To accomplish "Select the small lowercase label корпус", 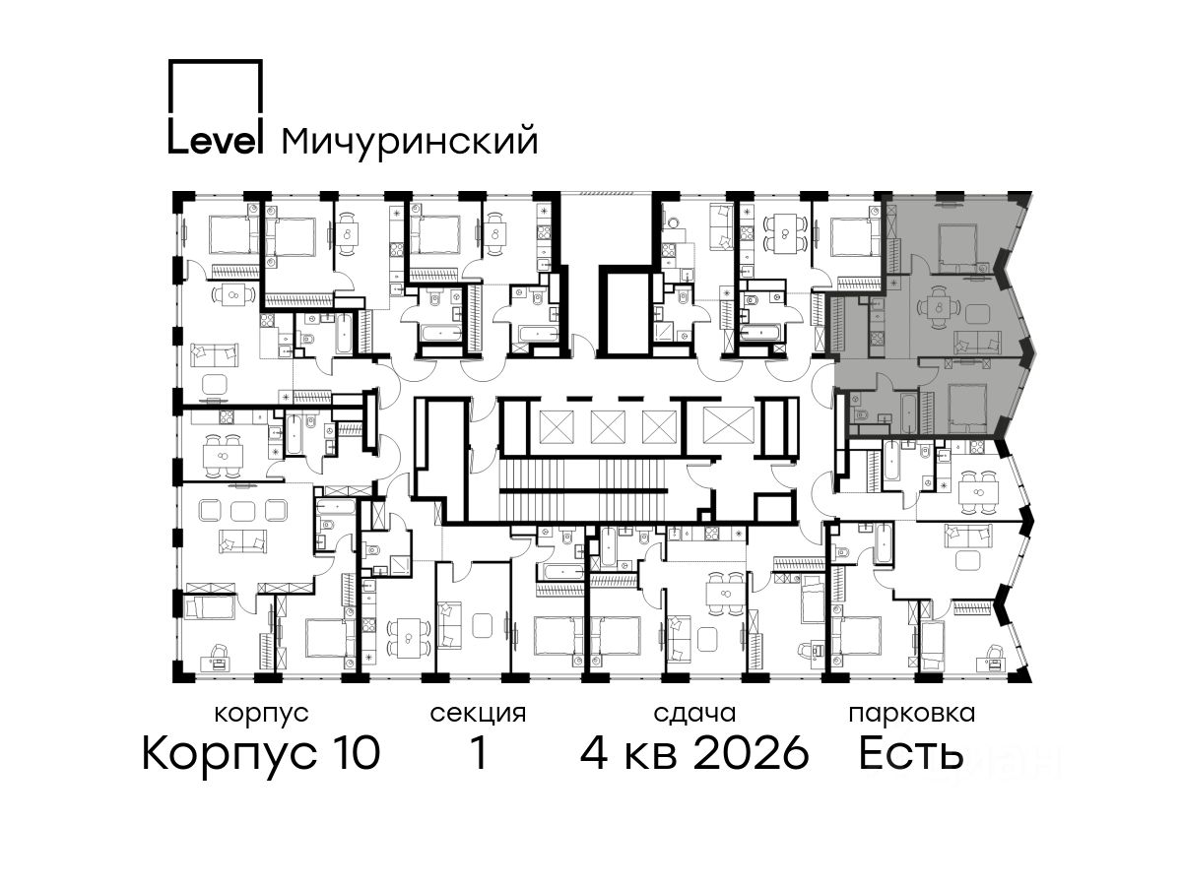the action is (x=261, y=715).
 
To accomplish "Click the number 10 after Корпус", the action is (x=354, y=753).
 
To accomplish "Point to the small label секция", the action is (x=478, y=715).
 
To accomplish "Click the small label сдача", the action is (x=694, y=713).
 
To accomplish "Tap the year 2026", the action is (x=752, y=753).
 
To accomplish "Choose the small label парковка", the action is (x=912, y=714).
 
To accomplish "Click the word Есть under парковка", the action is (x=910, y=753).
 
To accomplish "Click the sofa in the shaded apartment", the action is (x=977, y=342).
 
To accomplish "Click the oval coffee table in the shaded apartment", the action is (x=977, y=313).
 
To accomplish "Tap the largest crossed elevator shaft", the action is (x=728, y=425).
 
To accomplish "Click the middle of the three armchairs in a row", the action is (x=242, y=510).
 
